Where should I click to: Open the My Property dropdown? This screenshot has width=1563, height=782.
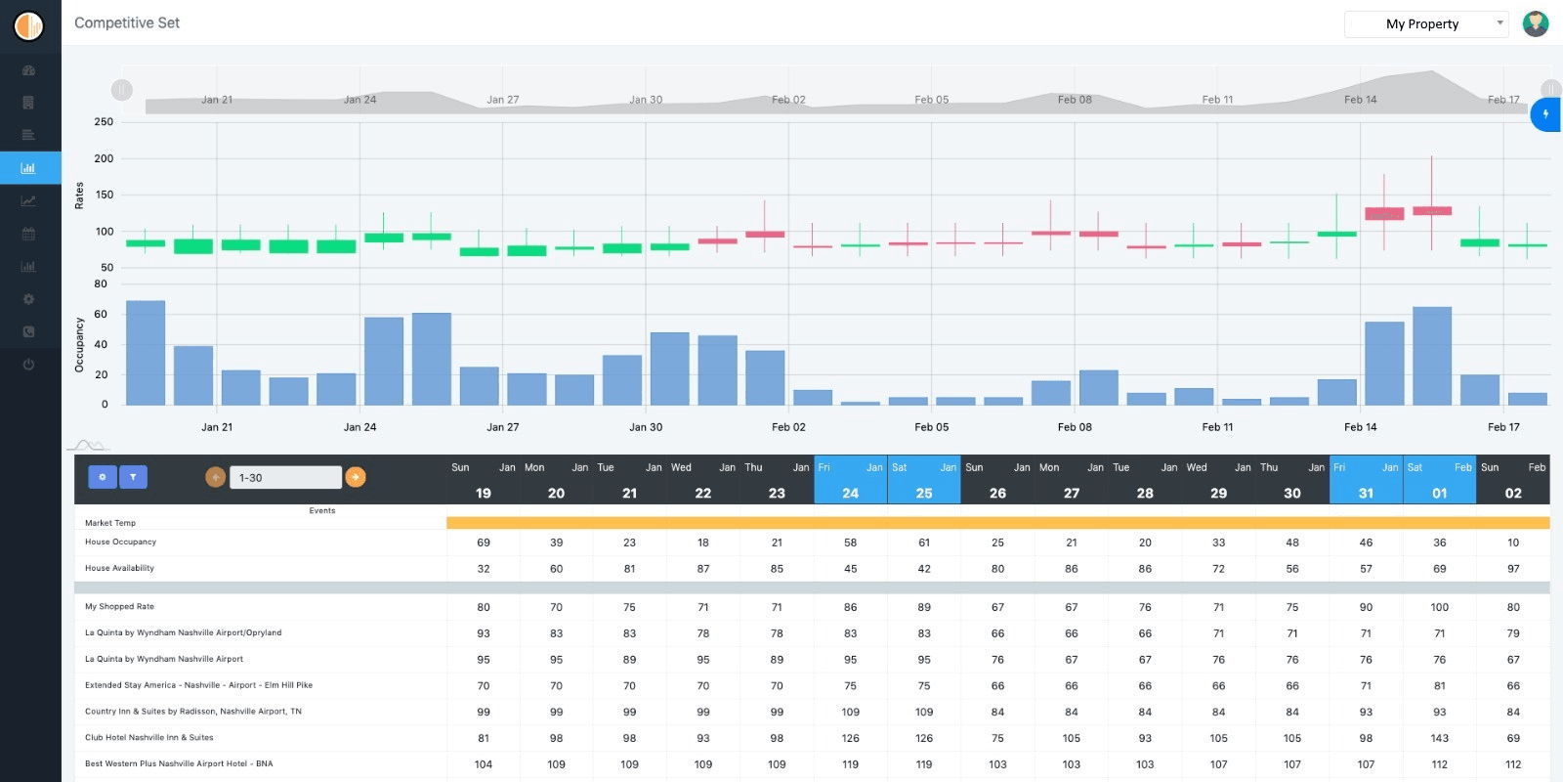1426,24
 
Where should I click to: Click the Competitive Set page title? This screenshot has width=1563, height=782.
127,22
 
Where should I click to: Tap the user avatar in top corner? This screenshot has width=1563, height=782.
1536,23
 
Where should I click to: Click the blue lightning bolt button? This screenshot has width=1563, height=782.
1545,114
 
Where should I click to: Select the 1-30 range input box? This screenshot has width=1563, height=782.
285,478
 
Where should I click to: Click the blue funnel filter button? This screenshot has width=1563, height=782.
133,477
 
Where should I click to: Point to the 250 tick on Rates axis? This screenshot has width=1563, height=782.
104,122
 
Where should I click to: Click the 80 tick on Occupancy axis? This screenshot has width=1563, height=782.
101,284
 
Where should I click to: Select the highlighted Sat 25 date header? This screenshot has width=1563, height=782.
924,481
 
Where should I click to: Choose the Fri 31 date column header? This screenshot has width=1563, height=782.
1366,481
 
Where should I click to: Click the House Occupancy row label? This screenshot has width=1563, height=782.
120,542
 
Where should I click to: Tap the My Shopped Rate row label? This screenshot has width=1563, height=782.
119,607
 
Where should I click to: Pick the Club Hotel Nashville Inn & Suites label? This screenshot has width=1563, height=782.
148,738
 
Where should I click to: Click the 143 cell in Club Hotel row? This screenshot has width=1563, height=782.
1439,738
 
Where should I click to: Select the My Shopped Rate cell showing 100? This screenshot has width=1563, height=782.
1439,607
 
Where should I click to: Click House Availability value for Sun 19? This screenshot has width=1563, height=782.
484,569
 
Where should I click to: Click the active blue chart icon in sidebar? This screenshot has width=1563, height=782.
29,168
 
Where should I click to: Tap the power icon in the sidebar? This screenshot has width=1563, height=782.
28,365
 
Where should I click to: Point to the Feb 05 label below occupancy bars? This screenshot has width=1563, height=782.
931,427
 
